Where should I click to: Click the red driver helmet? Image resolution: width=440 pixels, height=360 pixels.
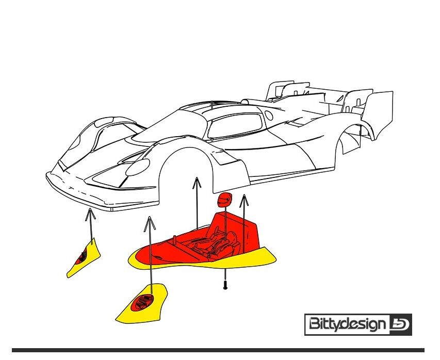(x=225, y=200)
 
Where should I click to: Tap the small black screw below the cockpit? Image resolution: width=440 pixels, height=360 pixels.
(x=225, y=285)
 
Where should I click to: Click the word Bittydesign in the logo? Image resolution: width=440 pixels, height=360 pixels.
(x=347, y=324)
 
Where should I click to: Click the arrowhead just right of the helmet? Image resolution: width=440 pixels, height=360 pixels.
(x=245, y=200)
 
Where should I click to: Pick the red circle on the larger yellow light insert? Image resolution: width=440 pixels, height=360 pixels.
(x=143, y=302)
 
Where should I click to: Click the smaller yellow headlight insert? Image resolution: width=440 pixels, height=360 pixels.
(x=84, y=258)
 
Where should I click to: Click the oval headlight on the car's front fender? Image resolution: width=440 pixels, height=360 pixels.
(x=138, y=167)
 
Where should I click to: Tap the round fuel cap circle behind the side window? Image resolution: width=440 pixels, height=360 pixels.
(x=269, y=115)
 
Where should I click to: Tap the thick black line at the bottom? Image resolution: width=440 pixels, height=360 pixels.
(x=218, y=350)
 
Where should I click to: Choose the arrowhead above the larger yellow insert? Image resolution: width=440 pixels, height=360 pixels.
(x=150, y=223)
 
